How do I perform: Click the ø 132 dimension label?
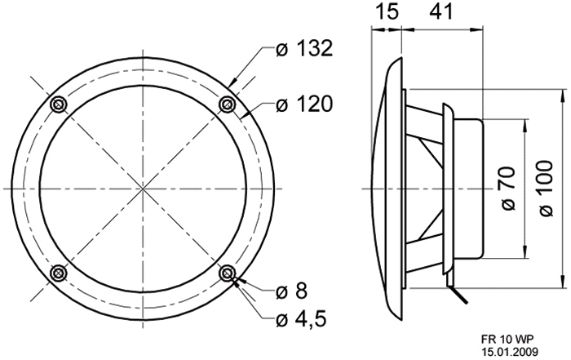coord(304,48)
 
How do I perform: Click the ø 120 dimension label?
coord(304,104)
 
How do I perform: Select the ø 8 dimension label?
coord(291,291)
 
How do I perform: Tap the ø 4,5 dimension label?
coord(301,319)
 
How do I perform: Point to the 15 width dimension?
coord(387,11)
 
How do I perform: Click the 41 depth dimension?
coord(441,11)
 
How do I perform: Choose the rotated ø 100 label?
coord(545,189)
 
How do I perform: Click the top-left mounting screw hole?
coord(58,104)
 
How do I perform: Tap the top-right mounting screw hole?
coord(227,104)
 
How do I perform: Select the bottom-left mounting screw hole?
coord(58,273)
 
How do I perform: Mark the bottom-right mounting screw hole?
coord(227,273)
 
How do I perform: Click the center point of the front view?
coord(143,189)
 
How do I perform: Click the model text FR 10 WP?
coord(508,340)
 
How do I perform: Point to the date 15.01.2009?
coord(510,352)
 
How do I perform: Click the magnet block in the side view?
coord(469,189)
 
